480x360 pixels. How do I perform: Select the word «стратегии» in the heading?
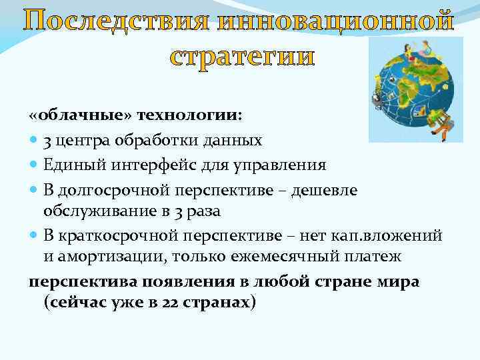(241, 56)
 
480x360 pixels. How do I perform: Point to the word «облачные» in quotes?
(78, 114)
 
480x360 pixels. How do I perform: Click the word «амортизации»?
(107, 256)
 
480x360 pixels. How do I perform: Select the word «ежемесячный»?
(274, 256)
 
